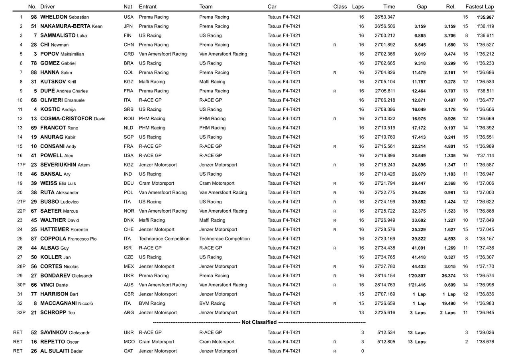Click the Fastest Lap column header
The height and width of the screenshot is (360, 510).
coord(479,7)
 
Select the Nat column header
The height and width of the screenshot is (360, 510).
coord(128,7)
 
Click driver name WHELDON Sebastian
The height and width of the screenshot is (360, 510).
coord(65,17)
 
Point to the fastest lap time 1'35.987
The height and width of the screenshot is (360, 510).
coord(485,17)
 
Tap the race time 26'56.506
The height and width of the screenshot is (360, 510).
coord(385,26)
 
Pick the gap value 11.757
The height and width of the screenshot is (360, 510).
coord(419,82)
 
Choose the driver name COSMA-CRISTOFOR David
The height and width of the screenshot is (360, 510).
coord(73,119)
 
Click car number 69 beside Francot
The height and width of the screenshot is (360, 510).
coord(34,128)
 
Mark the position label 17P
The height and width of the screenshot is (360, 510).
coord(21,165)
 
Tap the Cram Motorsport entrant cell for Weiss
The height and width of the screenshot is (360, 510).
coord(156,183)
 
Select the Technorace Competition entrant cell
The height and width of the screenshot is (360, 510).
coord(164,239)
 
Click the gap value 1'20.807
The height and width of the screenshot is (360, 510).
coord(417,276)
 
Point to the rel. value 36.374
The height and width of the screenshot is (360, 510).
coord(449,276)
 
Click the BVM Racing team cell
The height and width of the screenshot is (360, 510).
coord(212,303)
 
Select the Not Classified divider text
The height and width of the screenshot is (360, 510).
coord(259,322)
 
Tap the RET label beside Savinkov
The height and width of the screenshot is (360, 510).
coord(18,333)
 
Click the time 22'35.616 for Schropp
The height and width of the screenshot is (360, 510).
coord(385,313)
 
